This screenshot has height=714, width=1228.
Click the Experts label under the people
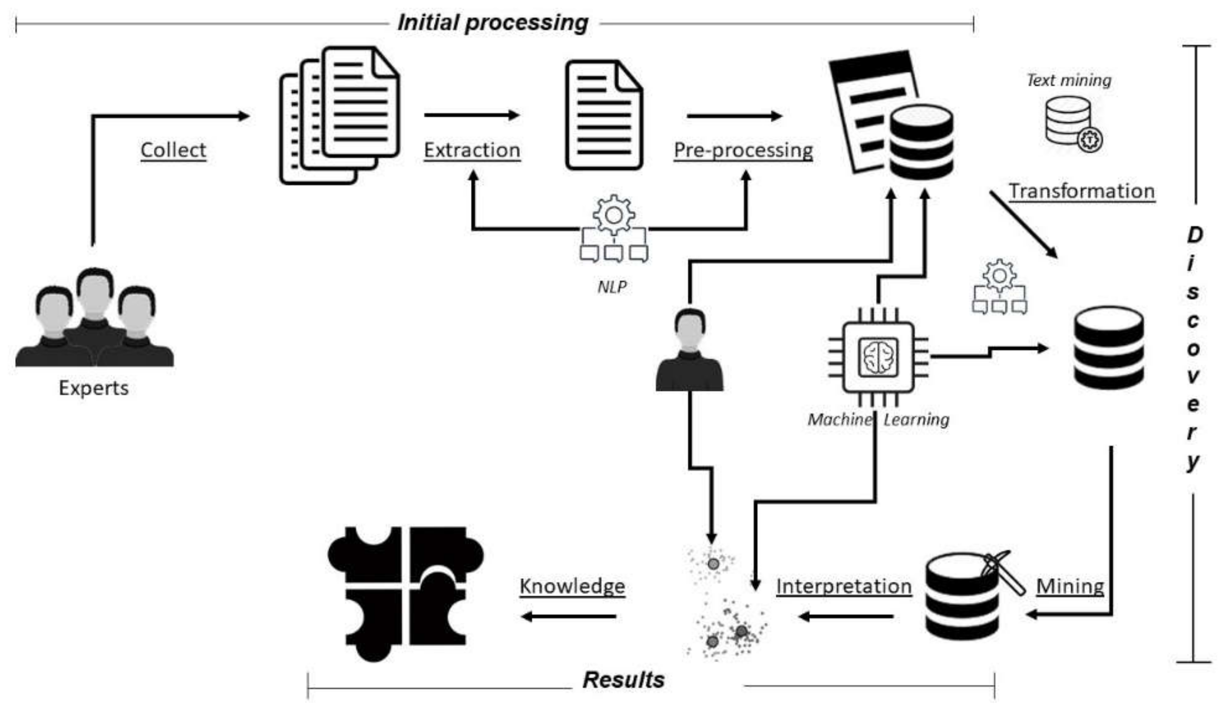(x=94, y=388)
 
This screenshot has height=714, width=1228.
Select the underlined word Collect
(x=173, y=150)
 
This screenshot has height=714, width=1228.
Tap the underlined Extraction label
(x=472, y=150)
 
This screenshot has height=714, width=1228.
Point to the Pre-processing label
(x=743, y=150)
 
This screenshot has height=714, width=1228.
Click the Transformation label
(x=1081, y=191)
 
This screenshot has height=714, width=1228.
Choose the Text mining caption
(x=1069, y=80)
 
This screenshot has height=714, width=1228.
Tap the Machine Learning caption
(x=878, y=419)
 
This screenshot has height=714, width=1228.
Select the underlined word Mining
(x=1070, y=586)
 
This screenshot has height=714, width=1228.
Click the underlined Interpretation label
(x=843, y=586)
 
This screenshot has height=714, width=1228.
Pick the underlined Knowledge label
(x=572, y=586)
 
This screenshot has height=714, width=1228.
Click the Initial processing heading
(x=493, y=23)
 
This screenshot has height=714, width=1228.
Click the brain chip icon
(x=878, y=357)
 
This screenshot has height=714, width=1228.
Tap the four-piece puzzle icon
(x=405, y=593)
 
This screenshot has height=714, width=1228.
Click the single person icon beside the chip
(x=690, y=351)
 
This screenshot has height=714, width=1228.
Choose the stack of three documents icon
(x=340, y=115)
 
